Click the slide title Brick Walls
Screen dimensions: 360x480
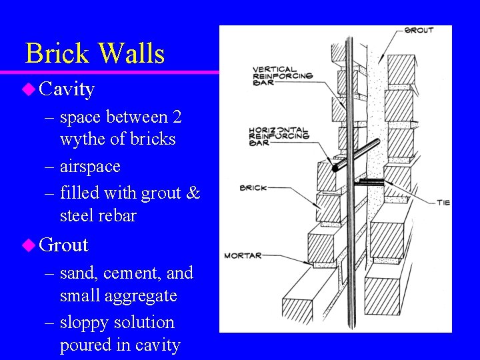coord(95,53)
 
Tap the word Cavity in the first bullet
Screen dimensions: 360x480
coord(67,89)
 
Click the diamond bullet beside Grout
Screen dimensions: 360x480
coord(29,245)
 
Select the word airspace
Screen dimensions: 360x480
coord(90,166)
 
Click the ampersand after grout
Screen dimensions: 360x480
coord(193,193)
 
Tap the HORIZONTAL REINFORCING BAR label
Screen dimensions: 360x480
coord(279,135)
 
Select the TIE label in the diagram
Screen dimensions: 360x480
coord(443,202)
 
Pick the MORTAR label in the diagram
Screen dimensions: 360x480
coord(243,255)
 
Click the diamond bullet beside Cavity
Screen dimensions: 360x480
coord(29,89)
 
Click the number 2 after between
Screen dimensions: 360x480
coord(177,117)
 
